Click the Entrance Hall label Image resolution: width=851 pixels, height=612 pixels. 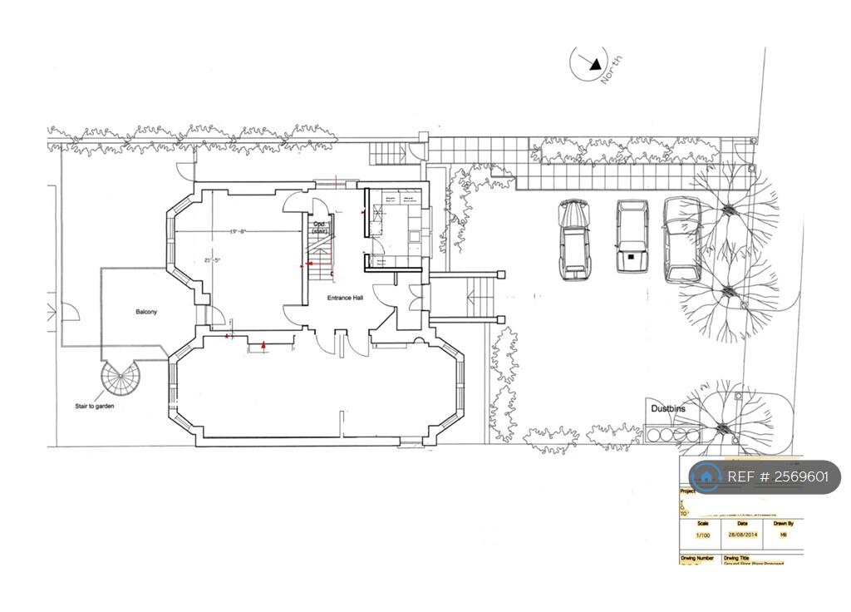[345, 297]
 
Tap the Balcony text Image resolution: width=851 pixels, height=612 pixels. [146, 312]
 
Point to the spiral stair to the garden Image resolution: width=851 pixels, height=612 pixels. [121, 379]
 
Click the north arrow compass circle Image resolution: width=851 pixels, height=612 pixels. [588, 64]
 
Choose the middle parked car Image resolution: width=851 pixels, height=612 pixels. [632, 236]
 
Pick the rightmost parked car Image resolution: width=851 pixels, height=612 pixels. [682, 239]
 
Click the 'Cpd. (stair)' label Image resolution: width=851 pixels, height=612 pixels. [319, 227]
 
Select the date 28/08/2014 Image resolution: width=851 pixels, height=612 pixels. [743, 535]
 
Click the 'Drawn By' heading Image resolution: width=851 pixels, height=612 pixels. [783, 524]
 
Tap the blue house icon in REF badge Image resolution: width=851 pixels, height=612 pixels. [706, 476]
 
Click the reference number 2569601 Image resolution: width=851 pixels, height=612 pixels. [778, 477]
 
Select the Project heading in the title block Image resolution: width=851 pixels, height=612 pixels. [689, 491]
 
